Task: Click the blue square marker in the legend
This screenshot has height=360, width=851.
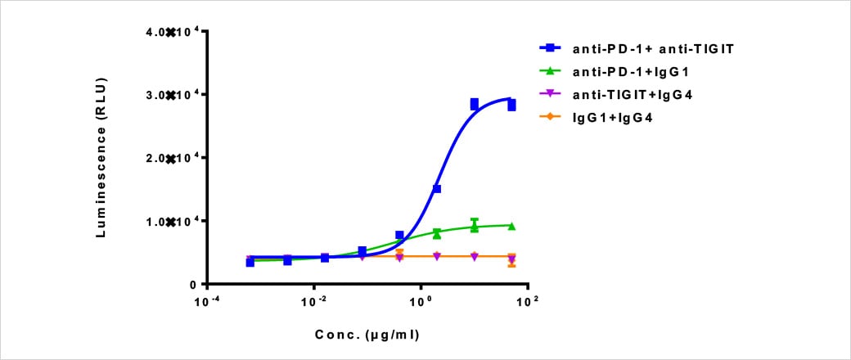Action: pos(554,48)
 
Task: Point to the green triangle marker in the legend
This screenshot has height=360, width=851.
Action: pos(554,72)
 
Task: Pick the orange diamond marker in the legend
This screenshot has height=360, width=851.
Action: pos(554,119)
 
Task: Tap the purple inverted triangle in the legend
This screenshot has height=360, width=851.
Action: pos(554,96)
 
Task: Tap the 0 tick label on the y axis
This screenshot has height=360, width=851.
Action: pos(194,285)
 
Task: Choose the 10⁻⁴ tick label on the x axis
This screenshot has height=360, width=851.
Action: pos(207,303)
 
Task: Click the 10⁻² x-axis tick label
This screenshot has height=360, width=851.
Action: pos(314,303)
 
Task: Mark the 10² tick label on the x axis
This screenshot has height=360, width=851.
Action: pos(528,303)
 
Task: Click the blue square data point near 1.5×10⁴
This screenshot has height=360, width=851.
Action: pos(437,189)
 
